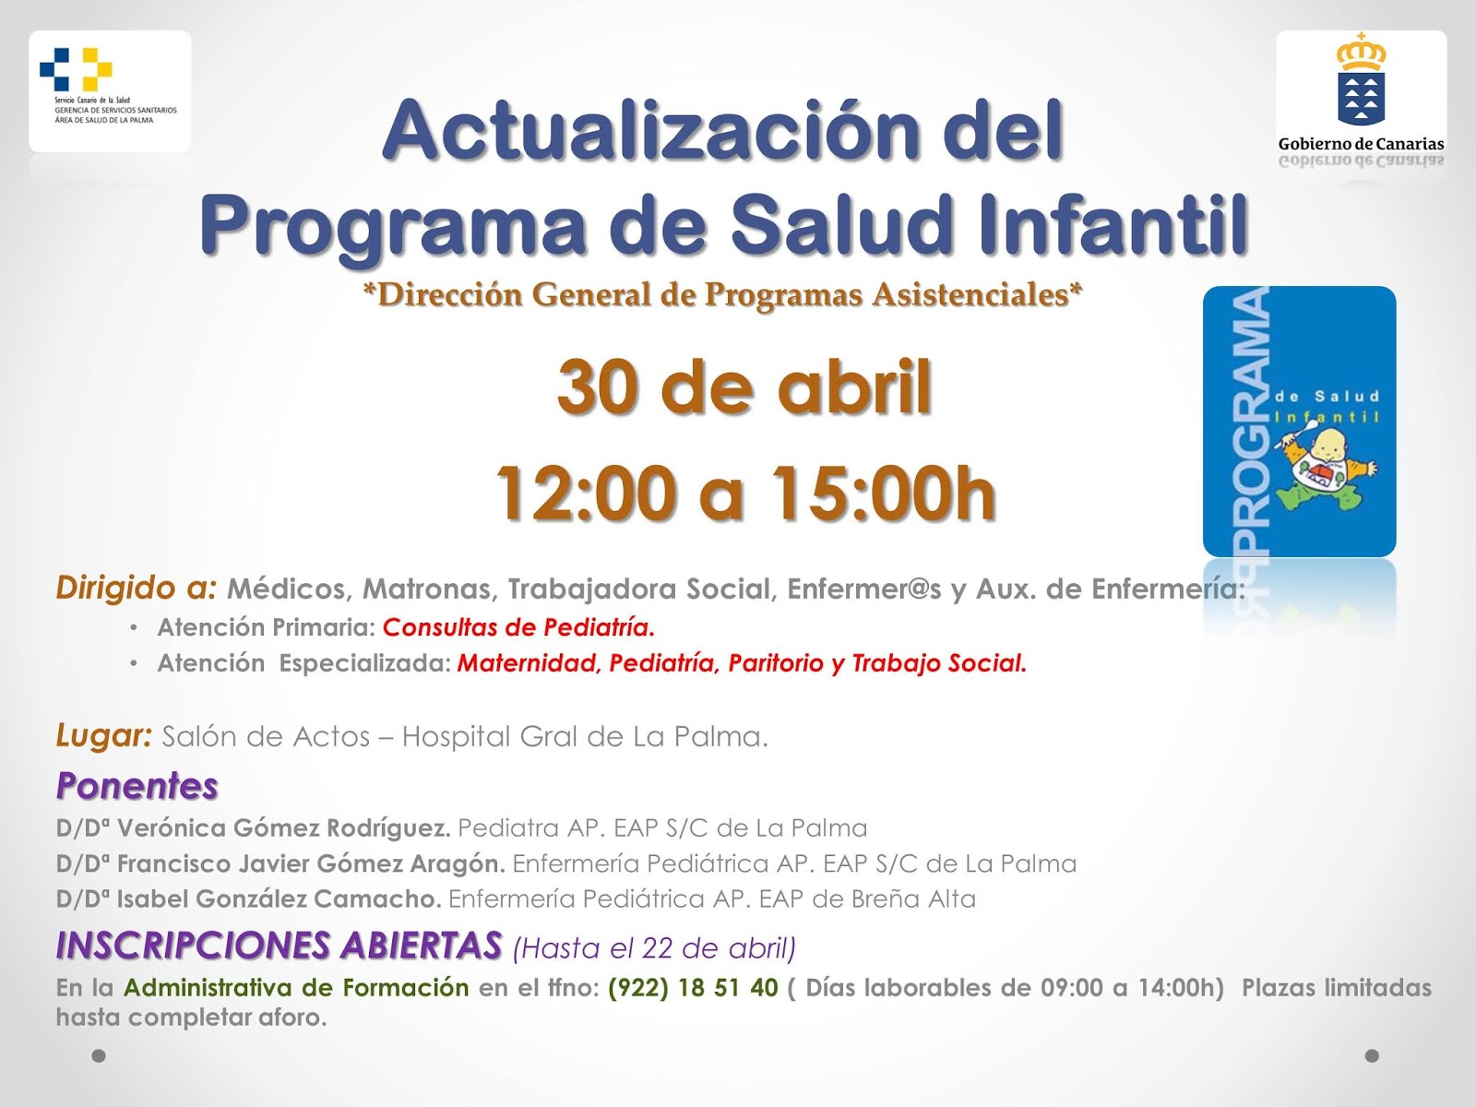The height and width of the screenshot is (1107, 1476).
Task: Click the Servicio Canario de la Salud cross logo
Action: (x=76, y=69)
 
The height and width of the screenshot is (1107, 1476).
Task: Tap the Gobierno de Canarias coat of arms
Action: (x=1361, y=83)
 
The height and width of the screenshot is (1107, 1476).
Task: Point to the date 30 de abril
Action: (x=744, y=387)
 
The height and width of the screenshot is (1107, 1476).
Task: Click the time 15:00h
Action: (x=883, y=494)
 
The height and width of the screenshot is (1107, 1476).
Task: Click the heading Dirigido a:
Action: (x=137, y=588)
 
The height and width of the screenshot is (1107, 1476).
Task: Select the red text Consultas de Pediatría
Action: (x=518, y=627)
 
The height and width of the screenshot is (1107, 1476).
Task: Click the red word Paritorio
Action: (x=775, y=663)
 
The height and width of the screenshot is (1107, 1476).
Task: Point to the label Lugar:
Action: (x=103, y=736)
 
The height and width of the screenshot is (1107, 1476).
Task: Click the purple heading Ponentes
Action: (x=137, y=786)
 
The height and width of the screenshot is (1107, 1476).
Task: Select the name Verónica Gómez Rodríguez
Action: (x=283, y=828)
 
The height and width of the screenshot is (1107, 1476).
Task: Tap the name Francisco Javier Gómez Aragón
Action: (x=310, y=863)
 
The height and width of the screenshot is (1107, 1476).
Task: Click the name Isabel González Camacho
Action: (x=279, y=899)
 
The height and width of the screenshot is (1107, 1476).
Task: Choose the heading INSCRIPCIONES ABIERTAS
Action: (x=279, y=946)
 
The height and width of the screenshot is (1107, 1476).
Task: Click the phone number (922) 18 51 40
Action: (x=693, y=988)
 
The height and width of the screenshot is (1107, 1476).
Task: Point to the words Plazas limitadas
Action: (x=1336, y=988)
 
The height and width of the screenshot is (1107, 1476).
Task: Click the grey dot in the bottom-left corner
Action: (x=99, y=1055)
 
